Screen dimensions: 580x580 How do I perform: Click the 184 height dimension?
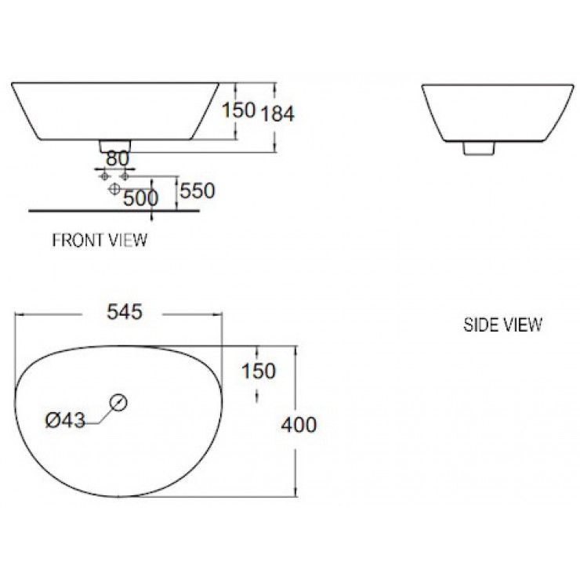278,114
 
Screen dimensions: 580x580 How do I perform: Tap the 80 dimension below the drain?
117,158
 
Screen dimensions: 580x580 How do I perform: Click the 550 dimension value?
197,190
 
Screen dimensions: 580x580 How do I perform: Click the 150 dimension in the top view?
259,371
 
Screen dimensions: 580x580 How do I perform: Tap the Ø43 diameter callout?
65,421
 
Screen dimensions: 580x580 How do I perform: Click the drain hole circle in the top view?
118,402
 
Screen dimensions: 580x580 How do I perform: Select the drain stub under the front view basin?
115,146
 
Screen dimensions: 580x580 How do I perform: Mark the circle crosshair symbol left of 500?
114,190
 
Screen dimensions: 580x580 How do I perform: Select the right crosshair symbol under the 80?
124,176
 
